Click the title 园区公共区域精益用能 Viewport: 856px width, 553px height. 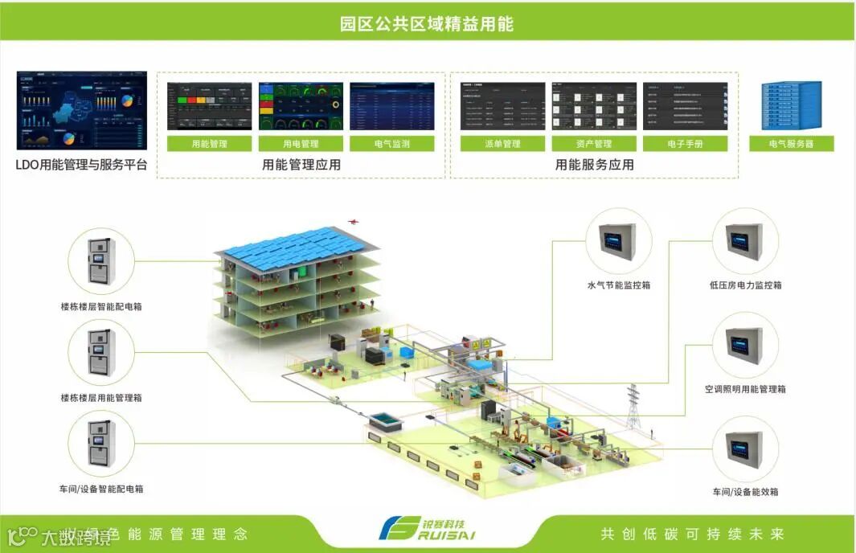pyautogui.click(x=427, y=23)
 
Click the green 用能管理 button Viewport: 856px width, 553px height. pyautogui.click(x=210, y=144)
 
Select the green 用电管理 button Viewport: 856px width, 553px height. pyautogui.click(x=301, y=144)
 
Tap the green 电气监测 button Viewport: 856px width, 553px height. pyautogui.click(x=392, y=144)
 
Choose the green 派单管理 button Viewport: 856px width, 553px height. pyautogui.click(x=502, y=144)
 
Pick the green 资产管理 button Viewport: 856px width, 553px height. pyautogui.click(x=594, y=144)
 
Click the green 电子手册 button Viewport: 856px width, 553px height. pyautogui.click(x=685, y=144)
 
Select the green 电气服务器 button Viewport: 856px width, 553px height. pyautogui.click(x=792, y=144)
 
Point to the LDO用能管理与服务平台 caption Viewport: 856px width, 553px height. pyautogui.click(x=82, y=166)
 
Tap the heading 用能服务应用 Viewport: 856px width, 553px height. pyautogui.click(x=594, y=165)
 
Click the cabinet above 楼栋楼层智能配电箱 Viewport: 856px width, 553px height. pyautogui.click(x=100, y=260)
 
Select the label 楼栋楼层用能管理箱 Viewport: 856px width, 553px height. pyautogui.click(x=101, y=398)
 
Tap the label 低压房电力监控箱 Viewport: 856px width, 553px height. pyautogui.click(x=745, y=285)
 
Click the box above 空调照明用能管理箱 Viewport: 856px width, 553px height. pyautogui.click(x=745, y=344)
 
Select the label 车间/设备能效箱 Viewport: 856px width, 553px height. pyautogui.click(x=745, y=492)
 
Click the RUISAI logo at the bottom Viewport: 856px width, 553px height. pyautogui.click(x=427, y=530)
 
